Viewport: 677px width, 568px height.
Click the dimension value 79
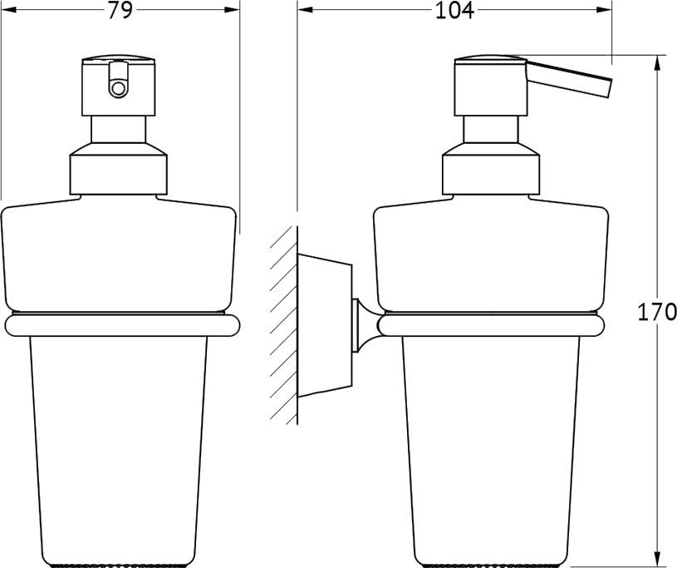120,10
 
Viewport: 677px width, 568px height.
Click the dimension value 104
454,10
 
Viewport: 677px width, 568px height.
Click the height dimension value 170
657,312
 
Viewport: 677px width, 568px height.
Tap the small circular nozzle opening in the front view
118,89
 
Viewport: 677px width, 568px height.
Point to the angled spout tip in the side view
609,88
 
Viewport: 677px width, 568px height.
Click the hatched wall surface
284,325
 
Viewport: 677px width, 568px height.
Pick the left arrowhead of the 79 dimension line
8,9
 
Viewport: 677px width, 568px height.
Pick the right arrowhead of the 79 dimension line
232,9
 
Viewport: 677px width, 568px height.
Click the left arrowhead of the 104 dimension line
305,9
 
